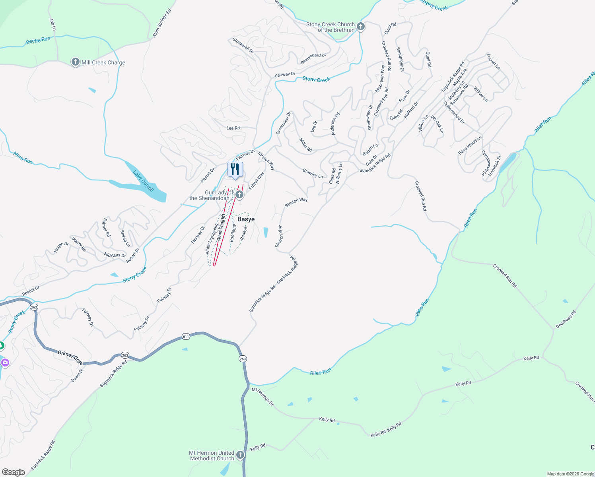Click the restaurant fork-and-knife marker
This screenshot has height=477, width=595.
point(235,169)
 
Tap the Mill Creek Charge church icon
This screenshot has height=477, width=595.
point(75,62)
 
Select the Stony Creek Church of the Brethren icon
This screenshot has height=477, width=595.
point(360,27)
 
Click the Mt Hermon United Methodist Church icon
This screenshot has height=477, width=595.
point(240,455)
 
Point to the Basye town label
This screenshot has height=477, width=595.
point(246,219)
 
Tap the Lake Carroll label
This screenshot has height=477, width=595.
point(143,181)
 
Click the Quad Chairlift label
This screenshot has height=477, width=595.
point(222,227)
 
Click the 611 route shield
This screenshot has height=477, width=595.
point(186,336)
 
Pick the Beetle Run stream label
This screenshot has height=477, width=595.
point(38,40)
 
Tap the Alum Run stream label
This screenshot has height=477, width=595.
point(23,157)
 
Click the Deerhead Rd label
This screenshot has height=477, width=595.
point(566,320)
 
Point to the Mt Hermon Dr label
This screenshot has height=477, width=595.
point(262,396)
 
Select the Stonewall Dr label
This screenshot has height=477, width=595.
point(243,45)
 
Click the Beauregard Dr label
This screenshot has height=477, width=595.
point(313,58)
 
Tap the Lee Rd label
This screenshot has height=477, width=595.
point(233,128)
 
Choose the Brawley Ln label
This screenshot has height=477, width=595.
point(313,173)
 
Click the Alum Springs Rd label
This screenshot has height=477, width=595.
point(161,23)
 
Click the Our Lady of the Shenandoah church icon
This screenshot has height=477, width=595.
point(239,194)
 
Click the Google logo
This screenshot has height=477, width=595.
point(13,472)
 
